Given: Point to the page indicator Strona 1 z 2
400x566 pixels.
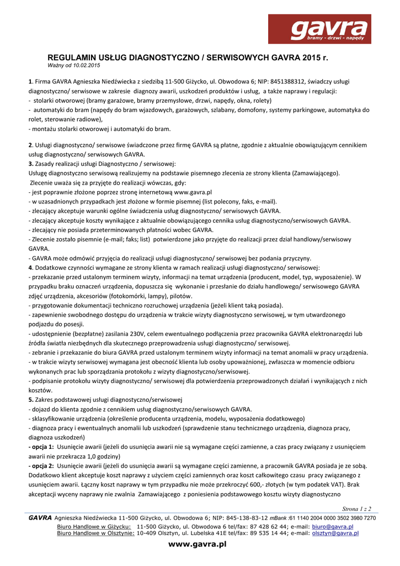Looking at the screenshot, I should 356,509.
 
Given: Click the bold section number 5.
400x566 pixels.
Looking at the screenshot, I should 31,399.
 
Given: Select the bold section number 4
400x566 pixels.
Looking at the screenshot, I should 31,268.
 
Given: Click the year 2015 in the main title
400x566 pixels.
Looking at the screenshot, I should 312,57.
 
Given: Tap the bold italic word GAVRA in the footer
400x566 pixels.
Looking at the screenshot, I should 40,518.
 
